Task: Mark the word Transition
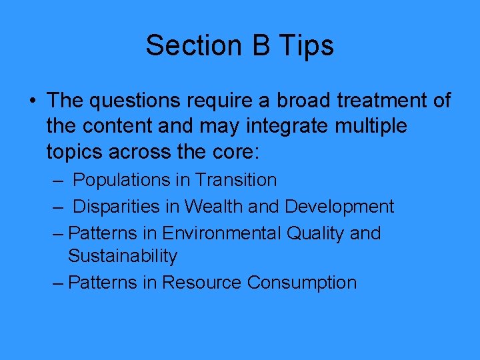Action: click(237, 180)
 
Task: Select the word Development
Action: click(339, 207)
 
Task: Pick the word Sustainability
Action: click(123, 256)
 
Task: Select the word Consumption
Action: click(302, 283)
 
